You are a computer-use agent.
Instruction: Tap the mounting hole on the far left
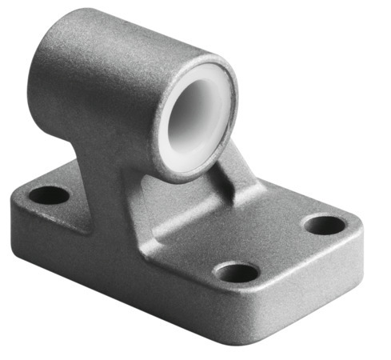50,194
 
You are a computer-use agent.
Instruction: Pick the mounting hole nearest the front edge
237,273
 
